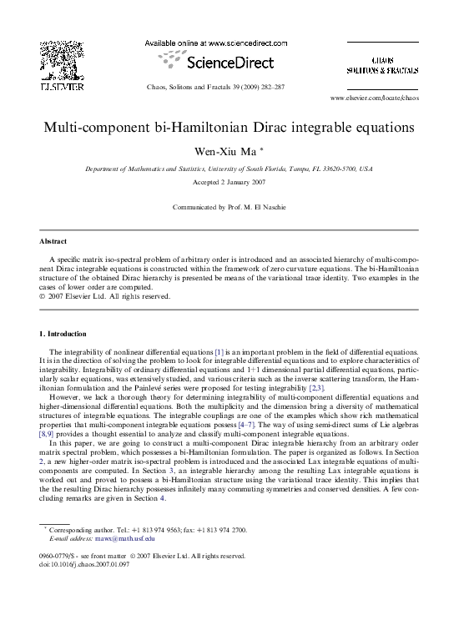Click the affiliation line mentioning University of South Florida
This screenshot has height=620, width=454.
coord(227,169)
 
